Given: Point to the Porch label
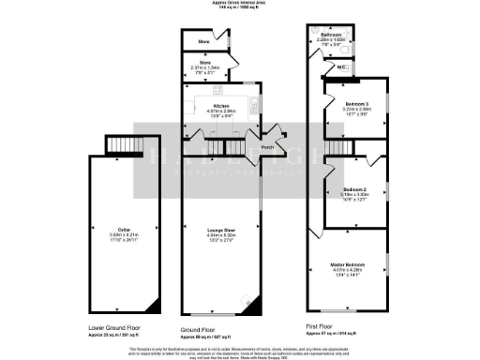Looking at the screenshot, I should click(266, 146).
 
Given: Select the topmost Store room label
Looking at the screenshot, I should click(202, 42).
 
